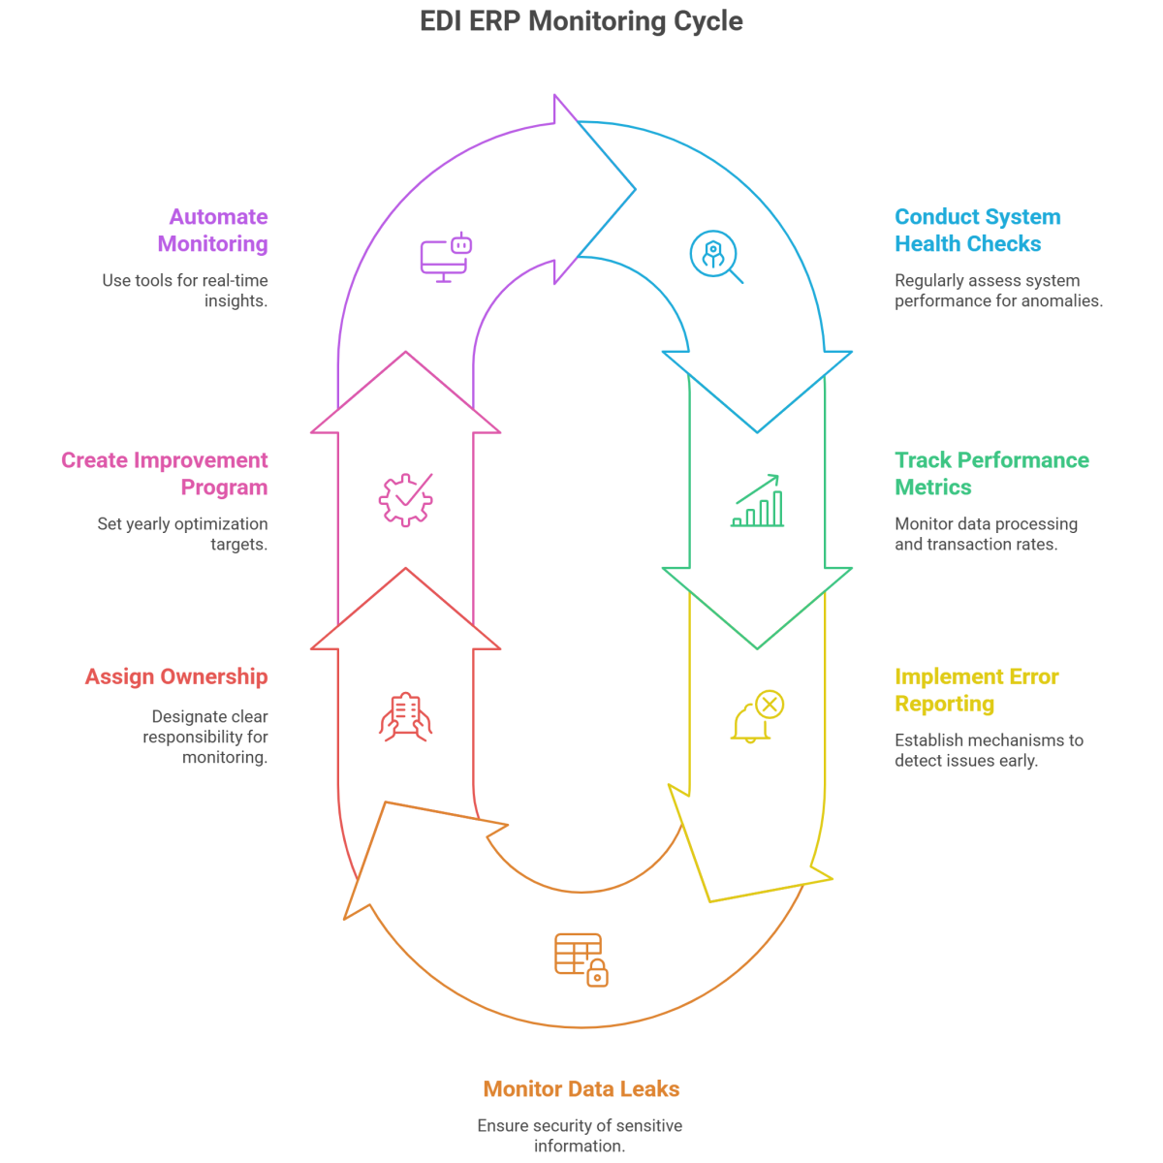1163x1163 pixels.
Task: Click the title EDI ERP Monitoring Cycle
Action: pos(581,21)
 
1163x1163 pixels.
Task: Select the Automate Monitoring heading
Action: pos(213,231)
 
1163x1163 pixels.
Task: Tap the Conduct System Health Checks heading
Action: pos(977,231)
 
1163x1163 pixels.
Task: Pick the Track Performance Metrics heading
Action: pos(990,473)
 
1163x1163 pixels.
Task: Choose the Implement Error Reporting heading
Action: pos(976,690)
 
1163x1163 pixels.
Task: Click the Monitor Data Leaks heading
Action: pos(581,1089)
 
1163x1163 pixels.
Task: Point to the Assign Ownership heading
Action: pos(176,676)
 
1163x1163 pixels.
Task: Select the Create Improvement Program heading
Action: pos(165,473)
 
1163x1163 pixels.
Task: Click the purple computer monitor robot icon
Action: pos(446,257)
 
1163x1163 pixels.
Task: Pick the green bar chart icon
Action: pos(758,500)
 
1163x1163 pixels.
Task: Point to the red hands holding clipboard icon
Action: pos(405,717)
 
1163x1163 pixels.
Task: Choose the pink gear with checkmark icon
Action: pos(405,500)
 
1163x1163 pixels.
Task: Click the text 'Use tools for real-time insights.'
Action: pos(186,291)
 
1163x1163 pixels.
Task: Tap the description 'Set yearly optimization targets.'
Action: pos(182,534)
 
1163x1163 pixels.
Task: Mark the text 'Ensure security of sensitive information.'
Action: pos(580,1136)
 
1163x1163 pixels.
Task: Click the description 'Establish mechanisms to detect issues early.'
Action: pos(989,750)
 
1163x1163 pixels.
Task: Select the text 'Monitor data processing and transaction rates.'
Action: pos(986,534)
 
